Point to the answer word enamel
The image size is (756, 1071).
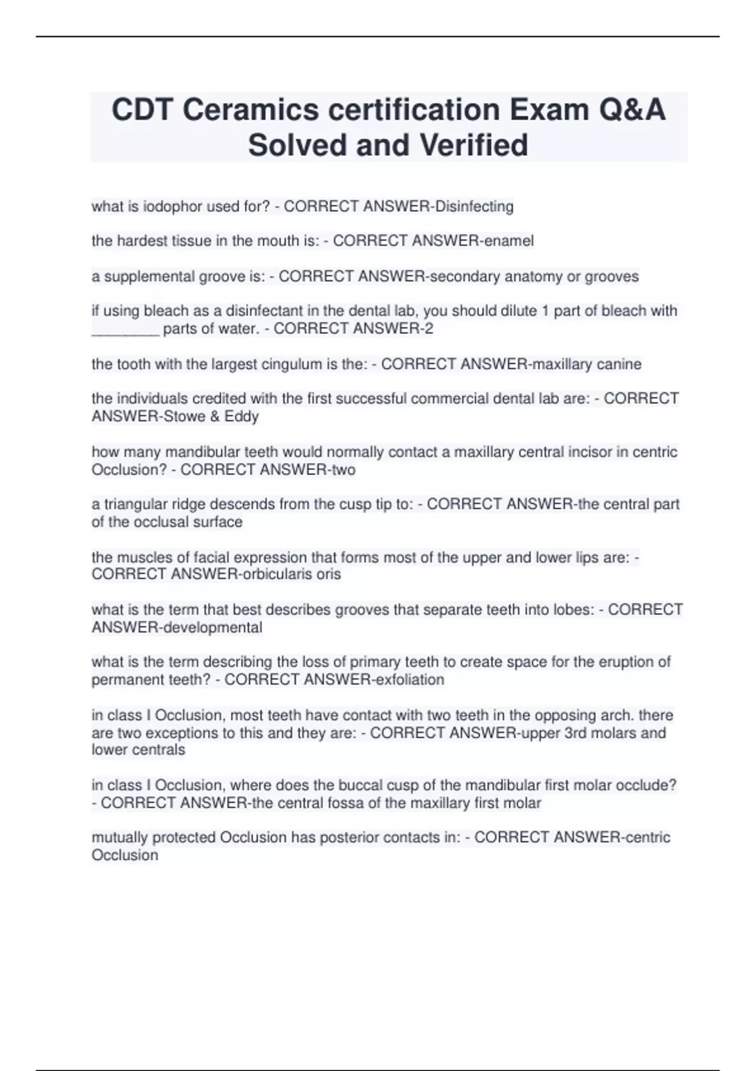508,241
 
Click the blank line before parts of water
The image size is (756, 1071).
125,329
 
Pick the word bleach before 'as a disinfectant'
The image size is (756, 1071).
165,311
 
